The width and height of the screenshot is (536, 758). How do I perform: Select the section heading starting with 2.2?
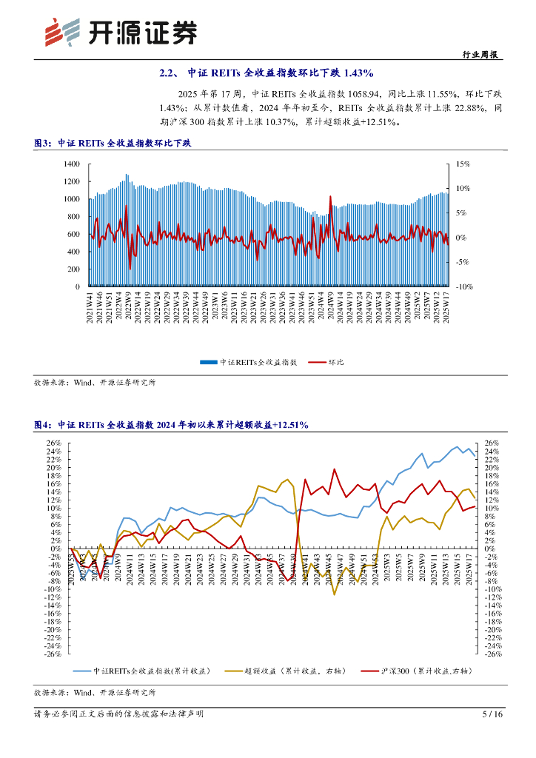coord(267,73)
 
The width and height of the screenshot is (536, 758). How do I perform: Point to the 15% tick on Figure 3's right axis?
coord(462,164)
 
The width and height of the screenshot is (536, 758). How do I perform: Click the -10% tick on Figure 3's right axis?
coord(463,286)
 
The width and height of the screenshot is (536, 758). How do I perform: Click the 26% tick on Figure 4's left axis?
coord(53,443)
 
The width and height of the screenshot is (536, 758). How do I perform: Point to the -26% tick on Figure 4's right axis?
coord(495,654)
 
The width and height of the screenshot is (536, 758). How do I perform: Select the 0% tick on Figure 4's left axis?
coord(56,549)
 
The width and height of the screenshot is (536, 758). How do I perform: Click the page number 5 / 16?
coord(492,714)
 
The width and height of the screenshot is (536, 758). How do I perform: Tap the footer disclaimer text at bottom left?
coord(118,714)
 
